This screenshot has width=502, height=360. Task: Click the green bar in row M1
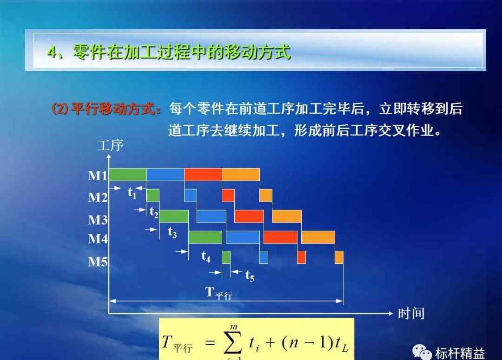(x=128, y=174)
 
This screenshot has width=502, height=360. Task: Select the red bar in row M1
(x=203, y=174)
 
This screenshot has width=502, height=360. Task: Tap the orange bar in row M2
(x=266, y=195)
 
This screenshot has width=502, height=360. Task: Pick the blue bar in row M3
(x=211, y=216)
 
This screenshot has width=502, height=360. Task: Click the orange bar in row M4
(x=318, y=237)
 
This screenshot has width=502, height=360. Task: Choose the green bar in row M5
(x=226, y=257)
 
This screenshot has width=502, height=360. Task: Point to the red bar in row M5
(x=301, y=257)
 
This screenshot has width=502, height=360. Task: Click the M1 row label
(x=98, y=176)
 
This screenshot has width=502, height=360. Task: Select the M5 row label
(x=98, y=262)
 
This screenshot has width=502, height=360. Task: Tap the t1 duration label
(x=132, y=193)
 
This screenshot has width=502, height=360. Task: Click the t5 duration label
(x=250, y=275)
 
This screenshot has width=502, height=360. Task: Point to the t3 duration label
(x=172, y=232)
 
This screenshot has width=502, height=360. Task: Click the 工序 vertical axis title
(x=110, y=145)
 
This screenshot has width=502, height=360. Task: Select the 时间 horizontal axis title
(x=411, y=313)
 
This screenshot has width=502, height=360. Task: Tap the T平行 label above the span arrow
(x=219, y=293)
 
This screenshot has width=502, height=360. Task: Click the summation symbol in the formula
(x=233, y=343)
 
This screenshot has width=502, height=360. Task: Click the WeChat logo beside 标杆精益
(x=422, y=352)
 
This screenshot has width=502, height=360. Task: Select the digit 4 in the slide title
(x=52, y=52)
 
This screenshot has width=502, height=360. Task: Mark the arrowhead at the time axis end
(x=390, y=313)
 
